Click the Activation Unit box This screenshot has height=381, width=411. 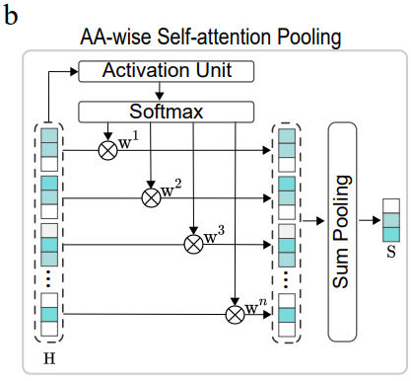coord(166,71)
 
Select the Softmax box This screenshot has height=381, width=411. coord(166,112)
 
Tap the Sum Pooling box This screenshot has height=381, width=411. coord(342,232)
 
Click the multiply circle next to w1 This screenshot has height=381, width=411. coord(108,150)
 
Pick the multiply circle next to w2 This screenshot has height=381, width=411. coord(151,198)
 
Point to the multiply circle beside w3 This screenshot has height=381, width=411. coord(194,245)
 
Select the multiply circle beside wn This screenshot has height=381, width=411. coord(235,314)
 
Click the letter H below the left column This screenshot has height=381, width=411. coord(49,358)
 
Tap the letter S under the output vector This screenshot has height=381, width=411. coord(391,252)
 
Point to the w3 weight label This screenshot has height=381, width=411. coord(214,235)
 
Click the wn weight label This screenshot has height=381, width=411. coord(256,306)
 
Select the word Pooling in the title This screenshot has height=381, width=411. coord(308,38)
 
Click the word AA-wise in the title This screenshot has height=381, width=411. coord(116,37)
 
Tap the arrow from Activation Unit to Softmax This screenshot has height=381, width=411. coord(160,91)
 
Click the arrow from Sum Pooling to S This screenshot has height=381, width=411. coord(370,220)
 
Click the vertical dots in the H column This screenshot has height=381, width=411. coord(48,278)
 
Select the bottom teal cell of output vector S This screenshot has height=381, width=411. coord(391,235)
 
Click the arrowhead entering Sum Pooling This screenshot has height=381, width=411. coord(320,220)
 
